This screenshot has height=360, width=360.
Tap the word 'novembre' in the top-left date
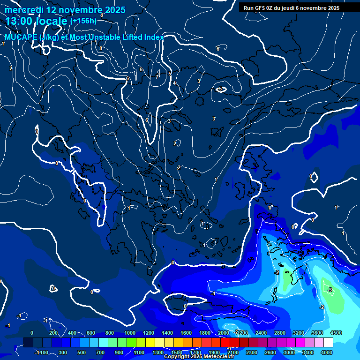click(79, 10)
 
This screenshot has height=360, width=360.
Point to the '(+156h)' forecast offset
click(83, 21)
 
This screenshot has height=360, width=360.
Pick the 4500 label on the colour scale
click(336, 333)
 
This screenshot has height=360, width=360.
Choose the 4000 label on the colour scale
click(327, 352)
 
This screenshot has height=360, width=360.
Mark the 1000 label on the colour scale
click(130, 333)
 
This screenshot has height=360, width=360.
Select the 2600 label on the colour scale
click(270, 352)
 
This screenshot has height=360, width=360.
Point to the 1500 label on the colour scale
click(177, 352)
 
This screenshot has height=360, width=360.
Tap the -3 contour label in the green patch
click(330, 290)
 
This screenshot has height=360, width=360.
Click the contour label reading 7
click(157, 77)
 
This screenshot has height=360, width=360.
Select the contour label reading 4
click(174, 83)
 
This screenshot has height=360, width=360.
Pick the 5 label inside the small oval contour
click(220, 89)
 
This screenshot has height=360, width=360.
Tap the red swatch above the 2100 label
click(232, 343)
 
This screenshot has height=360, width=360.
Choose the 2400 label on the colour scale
click(261, 333)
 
